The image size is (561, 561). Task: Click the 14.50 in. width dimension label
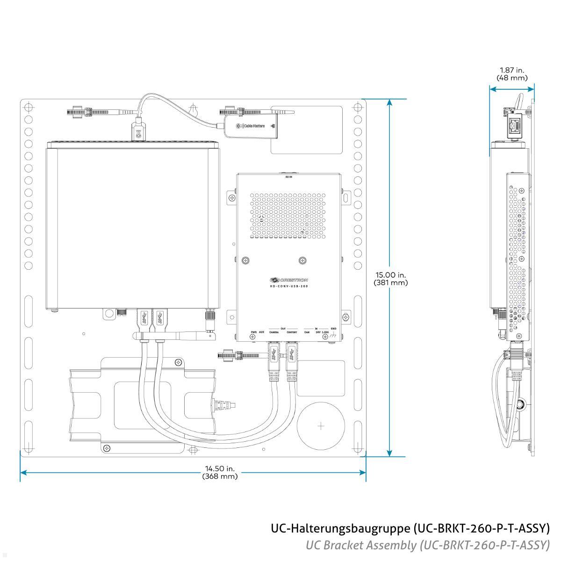(x=220, y=468)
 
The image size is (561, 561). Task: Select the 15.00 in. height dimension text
(x=390, y=275)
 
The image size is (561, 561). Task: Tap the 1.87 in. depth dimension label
(x=511, y=70)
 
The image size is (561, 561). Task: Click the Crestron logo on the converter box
(x=288, y=280)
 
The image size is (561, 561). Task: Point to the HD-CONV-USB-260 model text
(x=289, y=286)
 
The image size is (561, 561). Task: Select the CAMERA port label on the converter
(x=274, y=332)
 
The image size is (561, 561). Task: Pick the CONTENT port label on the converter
(x=292, y=332)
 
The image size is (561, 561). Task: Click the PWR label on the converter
(x=253, y=332)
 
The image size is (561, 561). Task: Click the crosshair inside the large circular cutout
(x=321, y=426)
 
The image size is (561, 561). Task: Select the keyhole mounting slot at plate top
(x=193, y=109)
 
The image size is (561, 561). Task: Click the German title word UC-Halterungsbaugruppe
(x=341, y=529)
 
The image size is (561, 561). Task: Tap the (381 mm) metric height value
(x=390, y=283)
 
